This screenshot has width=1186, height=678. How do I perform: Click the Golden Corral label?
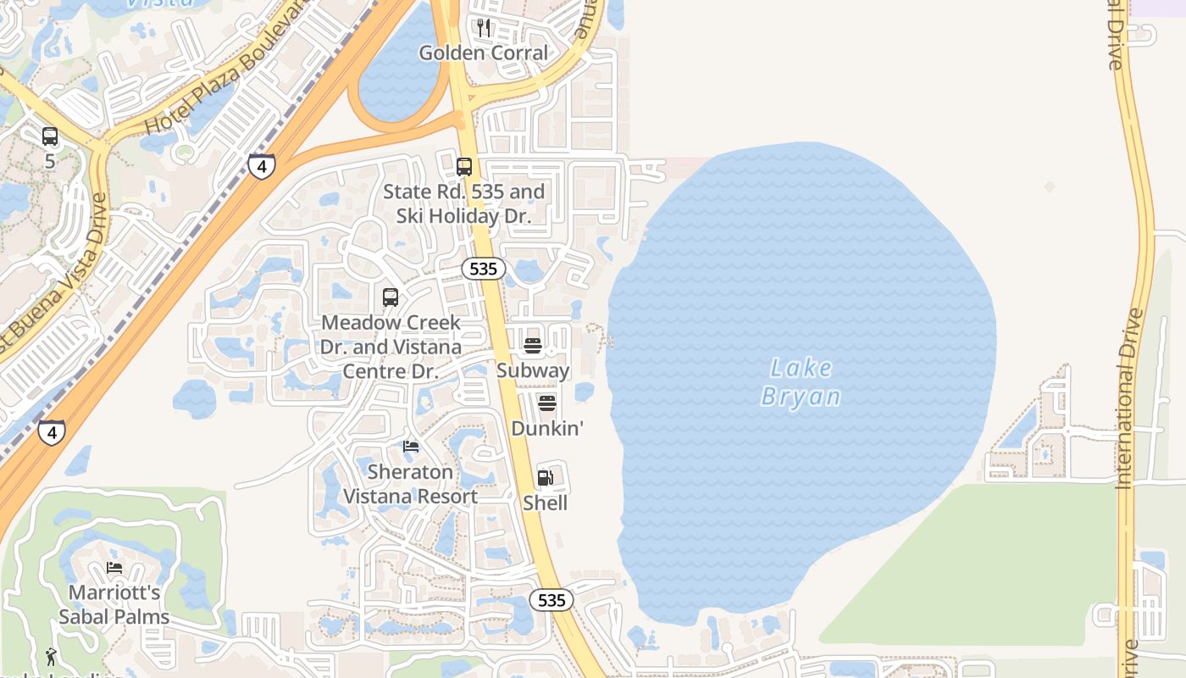coord(484,53)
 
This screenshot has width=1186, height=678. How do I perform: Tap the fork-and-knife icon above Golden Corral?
coord(484,28)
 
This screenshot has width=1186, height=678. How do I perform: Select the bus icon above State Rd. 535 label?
coord(464,167)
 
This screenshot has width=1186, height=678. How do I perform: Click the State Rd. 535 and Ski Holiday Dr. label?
coord(463,204)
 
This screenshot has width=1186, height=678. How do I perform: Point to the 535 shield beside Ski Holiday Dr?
coord(484,269)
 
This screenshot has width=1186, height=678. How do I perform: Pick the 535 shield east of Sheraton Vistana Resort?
coord(551,600)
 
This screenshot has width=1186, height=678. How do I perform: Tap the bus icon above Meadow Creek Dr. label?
coord(391,297)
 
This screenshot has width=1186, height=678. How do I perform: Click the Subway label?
coord(533,370)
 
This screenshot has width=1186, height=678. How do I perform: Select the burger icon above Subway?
coord(533,346)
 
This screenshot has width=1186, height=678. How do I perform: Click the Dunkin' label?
coord(547,428)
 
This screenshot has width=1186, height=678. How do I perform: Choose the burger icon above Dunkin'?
coord(547,403)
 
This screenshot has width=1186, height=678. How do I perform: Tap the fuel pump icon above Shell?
coord(546,478)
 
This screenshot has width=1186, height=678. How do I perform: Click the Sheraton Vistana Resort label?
coord(411,484)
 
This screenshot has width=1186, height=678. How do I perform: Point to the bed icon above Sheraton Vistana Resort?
coord(411,447)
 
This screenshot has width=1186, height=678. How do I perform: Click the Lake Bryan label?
coord(801,382)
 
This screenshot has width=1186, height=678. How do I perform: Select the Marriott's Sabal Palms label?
coord(114,604)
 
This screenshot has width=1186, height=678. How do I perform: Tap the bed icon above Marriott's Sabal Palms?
coord(114,568)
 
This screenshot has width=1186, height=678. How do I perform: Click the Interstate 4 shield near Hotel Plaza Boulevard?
coord(262,166)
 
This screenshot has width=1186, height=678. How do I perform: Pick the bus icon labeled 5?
coord(50,136)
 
